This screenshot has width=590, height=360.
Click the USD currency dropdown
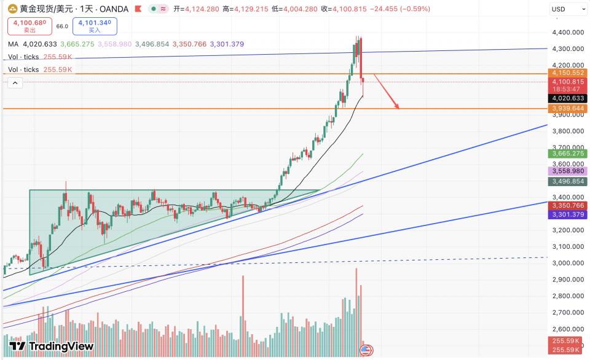(568, 9)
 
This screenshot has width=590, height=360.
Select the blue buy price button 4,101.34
(93, 26)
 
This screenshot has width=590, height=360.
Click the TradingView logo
(52, 346)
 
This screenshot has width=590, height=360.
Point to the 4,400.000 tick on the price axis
(568, 33)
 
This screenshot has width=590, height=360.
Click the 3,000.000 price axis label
(568, 263)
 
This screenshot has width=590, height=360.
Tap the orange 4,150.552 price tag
(568, 73)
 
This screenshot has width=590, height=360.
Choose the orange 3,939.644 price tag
(568, 108)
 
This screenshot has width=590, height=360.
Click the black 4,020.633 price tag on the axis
(568, 98)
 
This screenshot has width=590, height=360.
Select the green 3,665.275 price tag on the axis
(568, 153)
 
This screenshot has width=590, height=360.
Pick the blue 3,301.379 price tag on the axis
(568, 215)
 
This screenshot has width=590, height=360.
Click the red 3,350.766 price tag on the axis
(568, 206)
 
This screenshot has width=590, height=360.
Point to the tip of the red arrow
(399, 108)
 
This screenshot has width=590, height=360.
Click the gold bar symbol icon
(12, 9)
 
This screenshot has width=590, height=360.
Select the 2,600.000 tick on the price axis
(568, 329)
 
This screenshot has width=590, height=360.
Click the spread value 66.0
(62, 26)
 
